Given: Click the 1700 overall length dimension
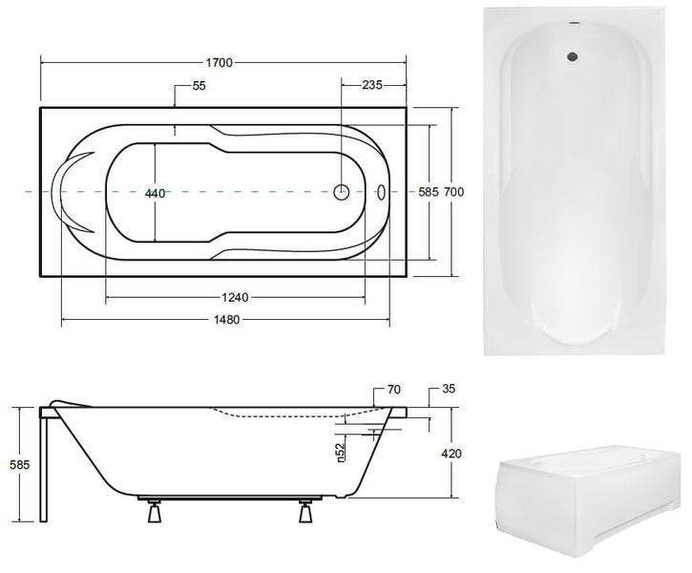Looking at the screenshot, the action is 220,63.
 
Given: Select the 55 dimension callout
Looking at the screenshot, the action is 199,86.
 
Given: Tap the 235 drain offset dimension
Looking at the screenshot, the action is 372,85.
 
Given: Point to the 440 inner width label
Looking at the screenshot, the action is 156,193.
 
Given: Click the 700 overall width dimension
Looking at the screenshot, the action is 453,192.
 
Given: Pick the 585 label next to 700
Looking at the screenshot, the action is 429,192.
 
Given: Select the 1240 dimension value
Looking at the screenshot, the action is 235,298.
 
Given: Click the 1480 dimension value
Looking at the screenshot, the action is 226,320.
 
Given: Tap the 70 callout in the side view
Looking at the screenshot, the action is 393,390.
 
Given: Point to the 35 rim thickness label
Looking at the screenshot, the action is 448,389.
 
